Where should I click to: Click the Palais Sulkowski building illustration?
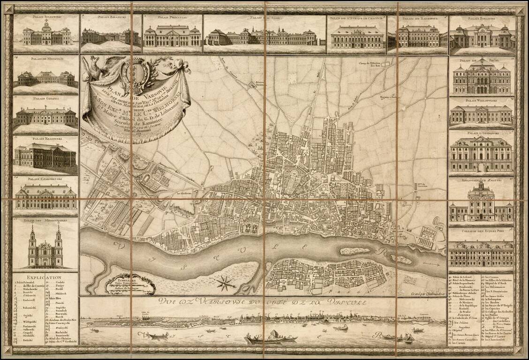[47, 36]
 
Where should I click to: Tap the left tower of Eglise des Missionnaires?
[33, 244]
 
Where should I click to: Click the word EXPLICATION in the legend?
[45, 277]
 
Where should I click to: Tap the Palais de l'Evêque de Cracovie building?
[357, 37]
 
